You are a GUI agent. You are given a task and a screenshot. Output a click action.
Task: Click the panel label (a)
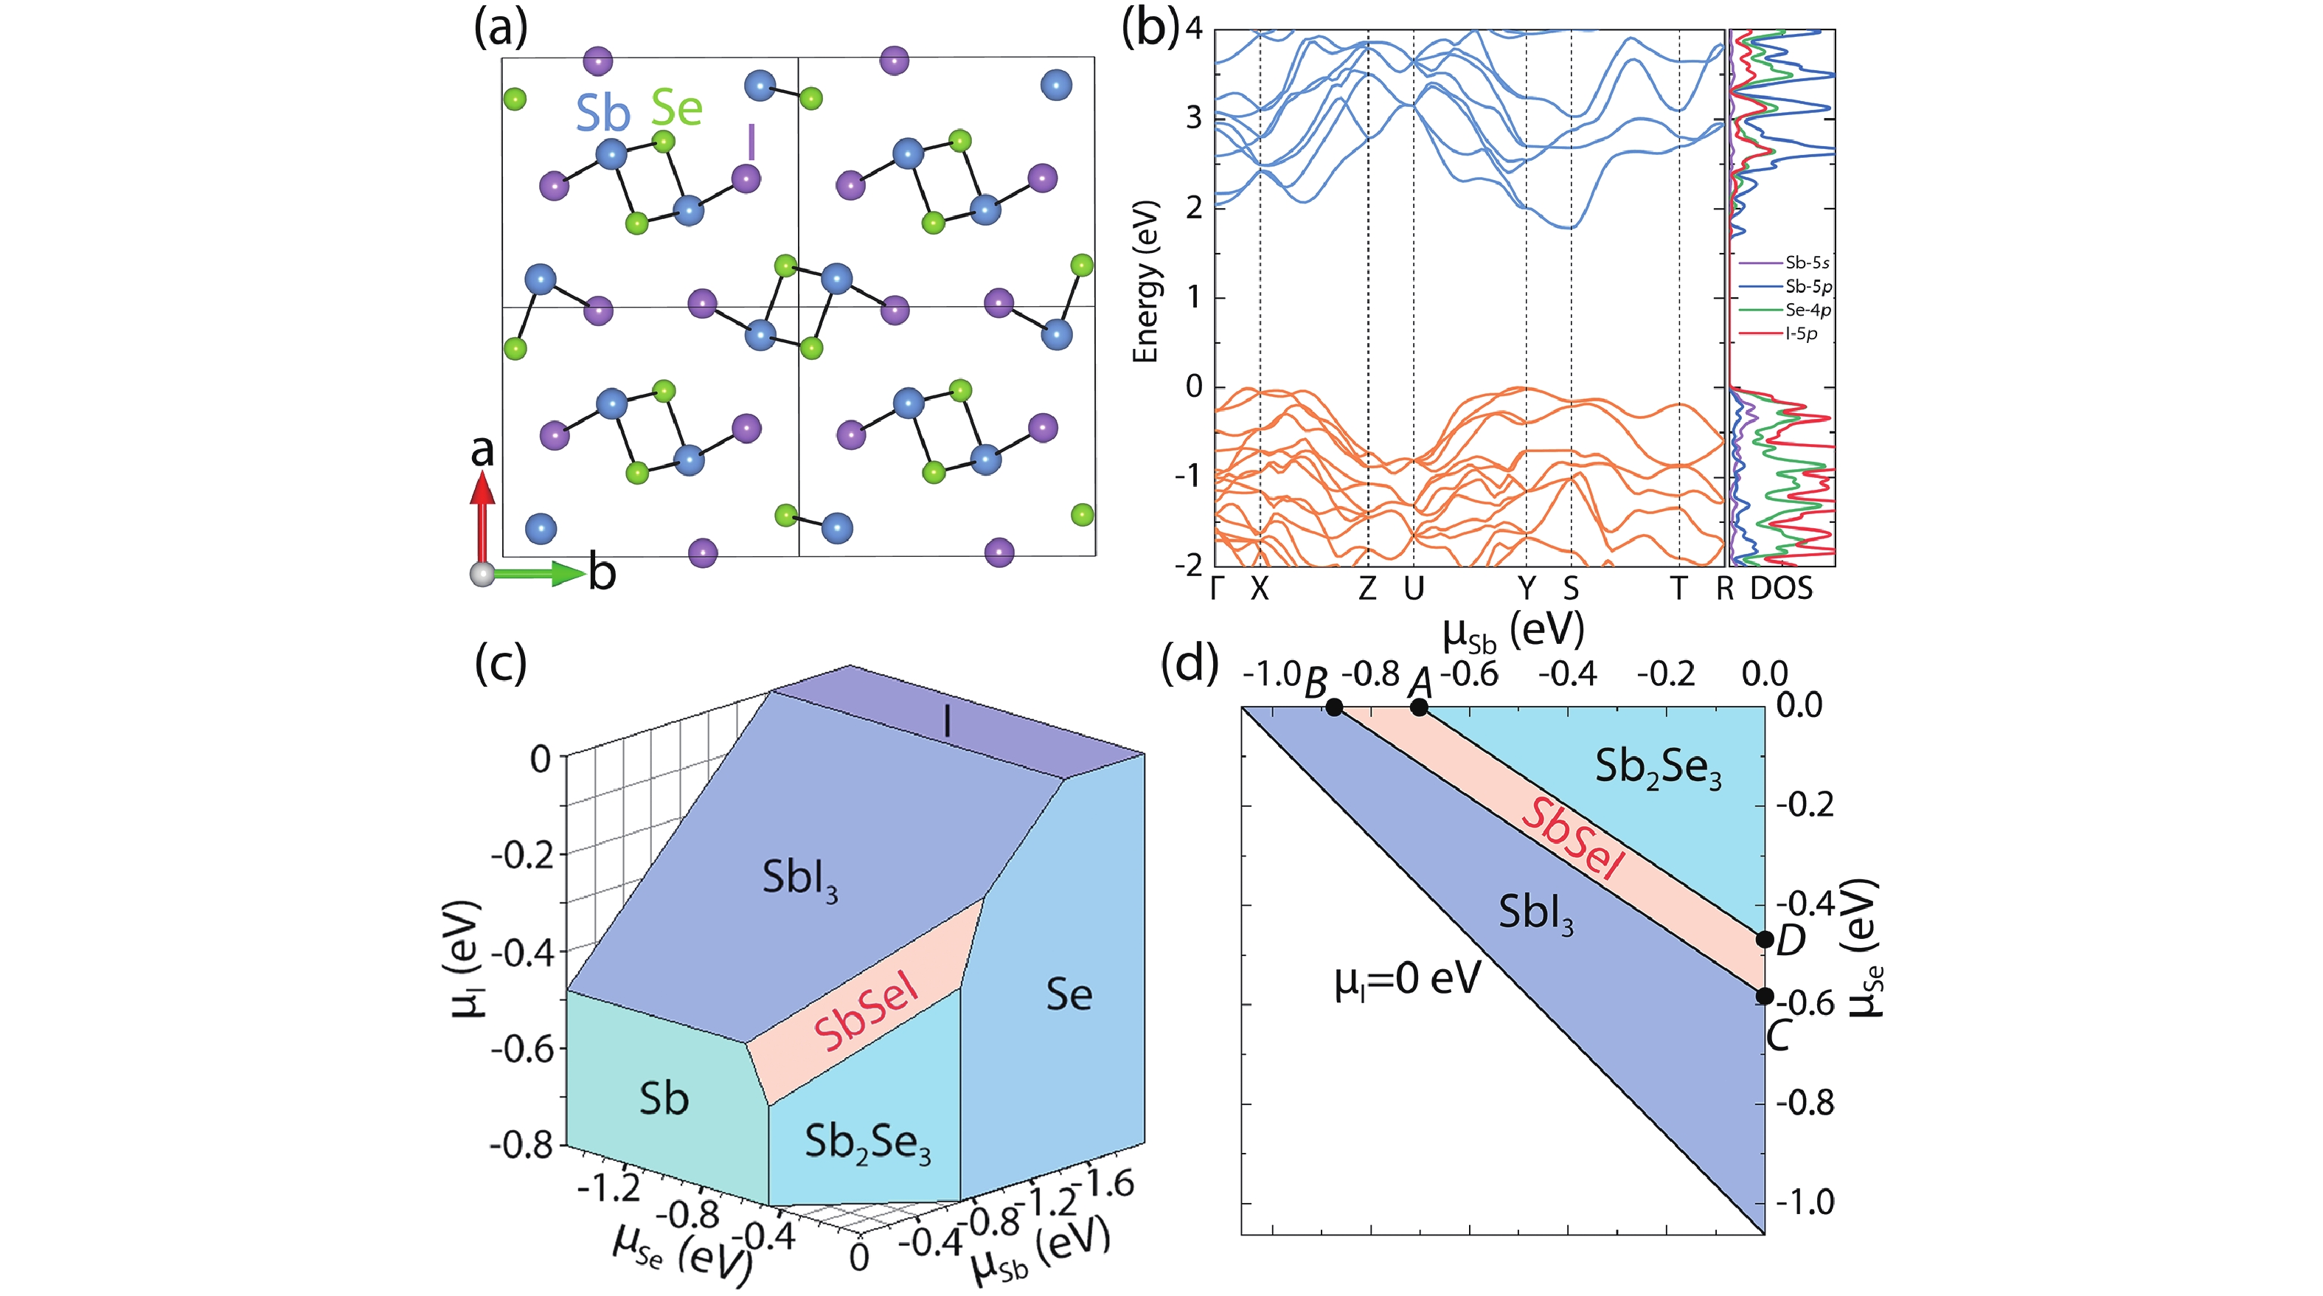coord(501,29)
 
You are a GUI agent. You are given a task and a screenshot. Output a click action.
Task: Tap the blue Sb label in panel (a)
coord(603,114)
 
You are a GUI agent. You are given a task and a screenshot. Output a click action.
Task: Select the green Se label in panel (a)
coord(676,108)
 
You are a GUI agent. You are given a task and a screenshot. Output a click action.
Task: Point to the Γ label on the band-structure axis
coord(1217,589)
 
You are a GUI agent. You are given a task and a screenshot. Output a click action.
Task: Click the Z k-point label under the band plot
coord(1367,589)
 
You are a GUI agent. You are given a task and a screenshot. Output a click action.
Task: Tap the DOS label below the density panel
coord(1781,589)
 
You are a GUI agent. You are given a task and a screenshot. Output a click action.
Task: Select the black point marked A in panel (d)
coord(1419,708)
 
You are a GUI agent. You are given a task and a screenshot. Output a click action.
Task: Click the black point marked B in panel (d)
coord(1335,708)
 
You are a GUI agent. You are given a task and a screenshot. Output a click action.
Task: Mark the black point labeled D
coord(1765,940)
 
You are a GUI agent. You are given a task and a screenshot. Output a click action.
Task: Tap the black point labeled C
coord(1765,997)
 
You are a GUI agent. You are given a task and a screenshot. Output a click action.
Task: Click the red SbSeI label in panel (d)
coord(1573,839)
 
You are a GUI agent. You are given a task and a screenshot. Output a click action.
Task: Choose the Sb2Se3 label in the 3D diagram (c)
coord(867,1143)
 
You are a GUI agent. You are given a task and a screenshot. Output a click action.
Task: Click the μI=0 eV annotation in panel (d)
coord(1407,980)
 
